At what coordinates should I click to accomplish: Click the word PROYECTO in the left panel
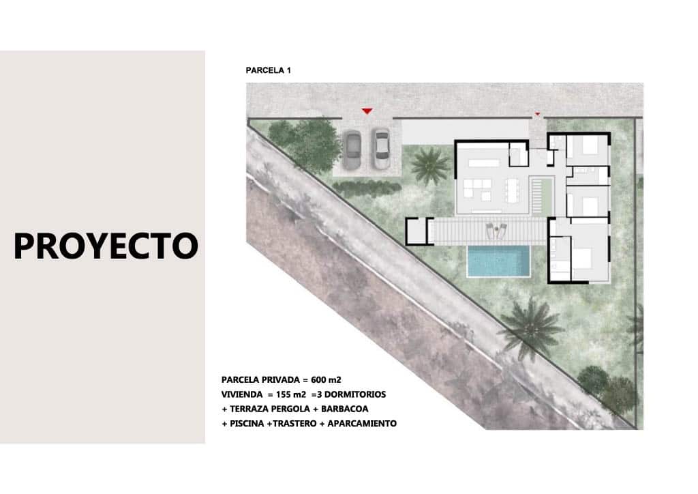click(106, 246)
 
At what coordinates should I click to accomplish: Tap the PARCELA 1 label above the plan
click(268, 70)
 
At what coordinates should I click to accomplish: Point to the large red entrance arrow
click(367, 111)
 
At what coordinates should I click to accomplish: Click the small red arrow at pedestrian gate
click(537, 114)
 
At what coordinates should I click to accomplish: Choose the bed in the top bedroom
click(590, 147)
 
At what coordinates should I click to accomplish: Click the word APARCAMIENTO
click(362, 424)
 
